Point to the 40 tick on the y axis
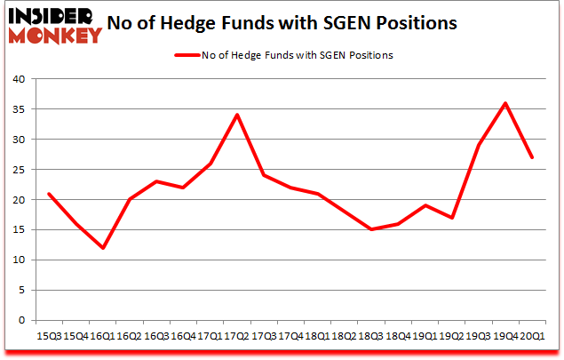pos(20,79)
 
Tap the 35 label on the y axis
pos(20,109)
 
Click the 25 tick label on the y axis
pos(20,170)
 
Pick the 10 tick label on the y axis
pos(20,260)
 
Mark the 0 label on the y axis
pos(23,321)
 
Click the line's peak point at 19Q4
pos(506,103)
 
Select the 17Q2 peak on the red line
pos(236,115)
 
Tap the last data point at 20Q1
pos(533,157)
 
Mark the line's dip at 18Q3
pos(371,229)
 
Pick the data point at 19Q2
pos(452,218)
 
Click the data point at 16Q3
pos(155,181)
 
